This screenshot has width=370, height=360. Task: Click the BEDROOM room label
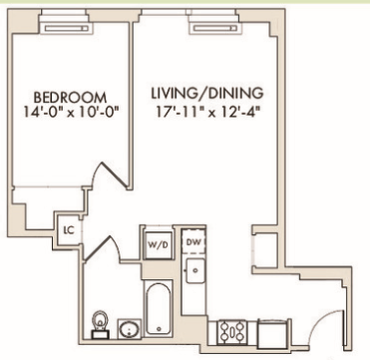point(70,98)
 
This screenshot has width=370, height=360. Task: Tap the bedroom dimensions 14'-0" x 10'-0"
point(71,112)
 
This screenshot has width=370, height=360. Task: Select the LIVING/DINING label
point(207,93)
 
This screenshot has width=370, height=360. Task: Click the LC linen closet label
point(69,230)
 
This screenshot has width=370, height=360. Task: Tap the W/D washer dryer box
point(159,245)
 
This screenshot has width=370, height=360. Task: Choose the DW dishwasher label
point(193,242)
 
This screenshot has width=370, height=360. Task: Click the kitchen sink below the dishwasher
point(195,271)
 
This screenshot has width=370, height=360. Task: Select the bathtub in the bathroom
point(159,307)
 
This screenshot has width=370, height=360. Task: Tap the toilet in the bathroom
point(100,323)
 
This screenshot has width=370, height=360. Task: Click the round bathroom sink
point(129,329)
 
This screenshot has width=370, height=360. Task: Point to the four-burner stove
point(232,331)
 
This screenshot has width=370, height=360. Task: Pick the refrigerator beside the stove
point(274,331)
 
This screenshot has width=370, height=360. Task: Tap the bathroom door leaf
point(98,247)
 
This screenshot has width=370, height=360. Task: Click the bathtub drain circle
point(159,329)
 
